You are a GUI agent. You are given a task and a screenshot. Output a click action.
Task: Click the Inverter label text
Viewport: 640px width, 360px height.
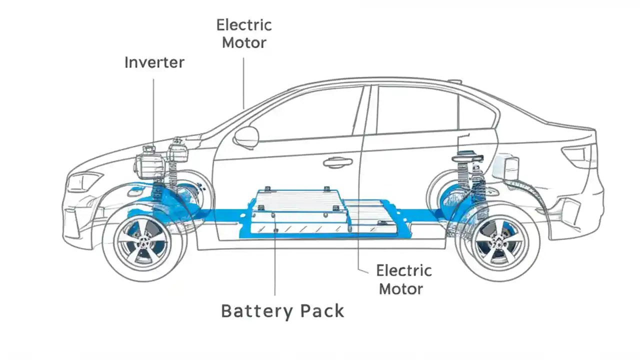(154, 62)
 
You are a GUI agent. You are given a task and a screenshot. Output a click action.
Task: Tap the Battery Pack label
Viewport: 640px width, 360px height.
(282, 310)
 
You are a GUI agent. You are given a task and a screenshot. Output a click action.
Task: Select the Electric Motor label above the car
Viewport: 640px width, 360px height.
(244, 33)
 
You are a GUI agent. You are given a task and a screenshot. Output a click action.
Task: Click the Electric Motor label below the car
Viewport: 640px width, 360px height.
(403, 279)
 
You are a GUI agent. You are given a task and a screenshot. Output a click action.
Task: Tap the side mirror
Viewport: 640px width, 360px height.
(246, 136)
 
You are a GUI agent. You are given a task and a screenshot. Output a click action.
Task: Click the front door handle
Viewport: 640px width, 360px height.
(337, 162)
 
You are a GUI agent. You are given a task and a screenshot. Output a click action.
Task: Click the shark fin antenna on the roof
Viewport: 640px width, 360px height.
(454, 81)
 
